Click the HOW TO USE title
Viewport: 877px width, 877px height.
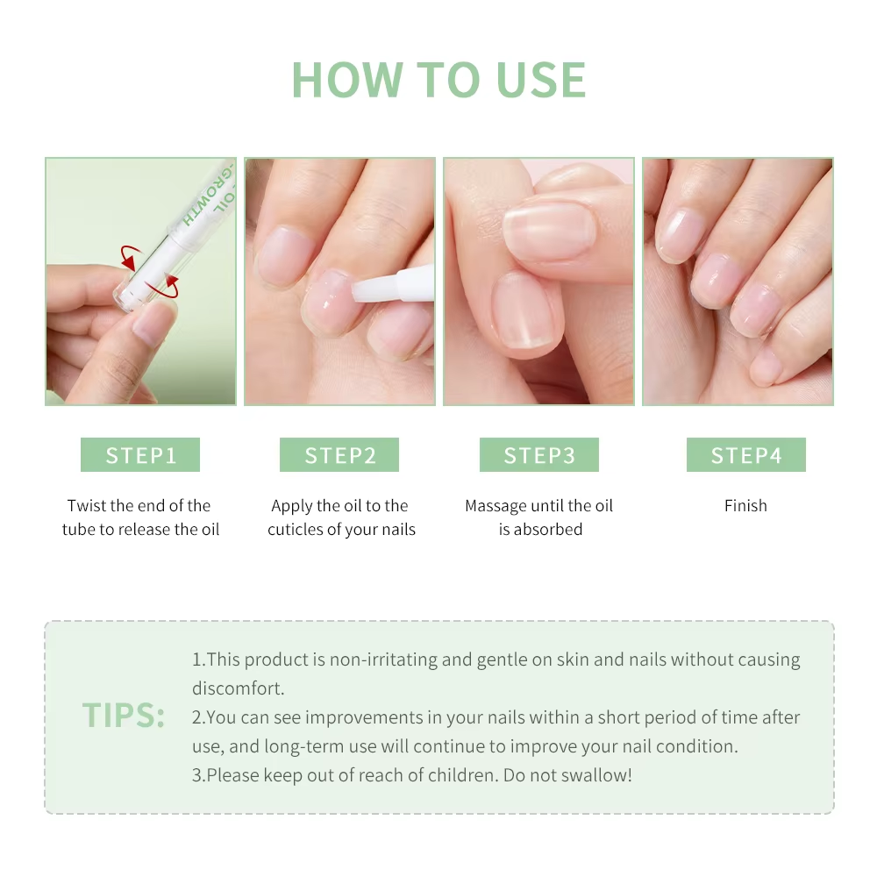438,81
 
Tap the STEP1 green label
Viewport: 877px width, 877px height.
140,455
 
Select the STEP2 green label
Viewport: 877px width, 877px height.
339,455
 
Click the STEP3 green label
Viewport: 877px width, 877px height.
538,455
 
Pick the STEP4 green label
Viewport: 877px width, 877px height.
745,455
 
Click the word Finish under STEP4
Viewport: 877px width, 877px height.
745,506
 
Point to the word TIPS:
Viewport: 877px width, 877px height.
124,716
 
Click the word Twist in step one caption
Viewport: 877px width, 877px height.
87,506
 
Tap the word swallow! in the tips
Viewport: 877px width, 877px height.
600,775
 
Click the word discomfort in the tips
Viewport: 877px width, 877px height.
237,688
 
